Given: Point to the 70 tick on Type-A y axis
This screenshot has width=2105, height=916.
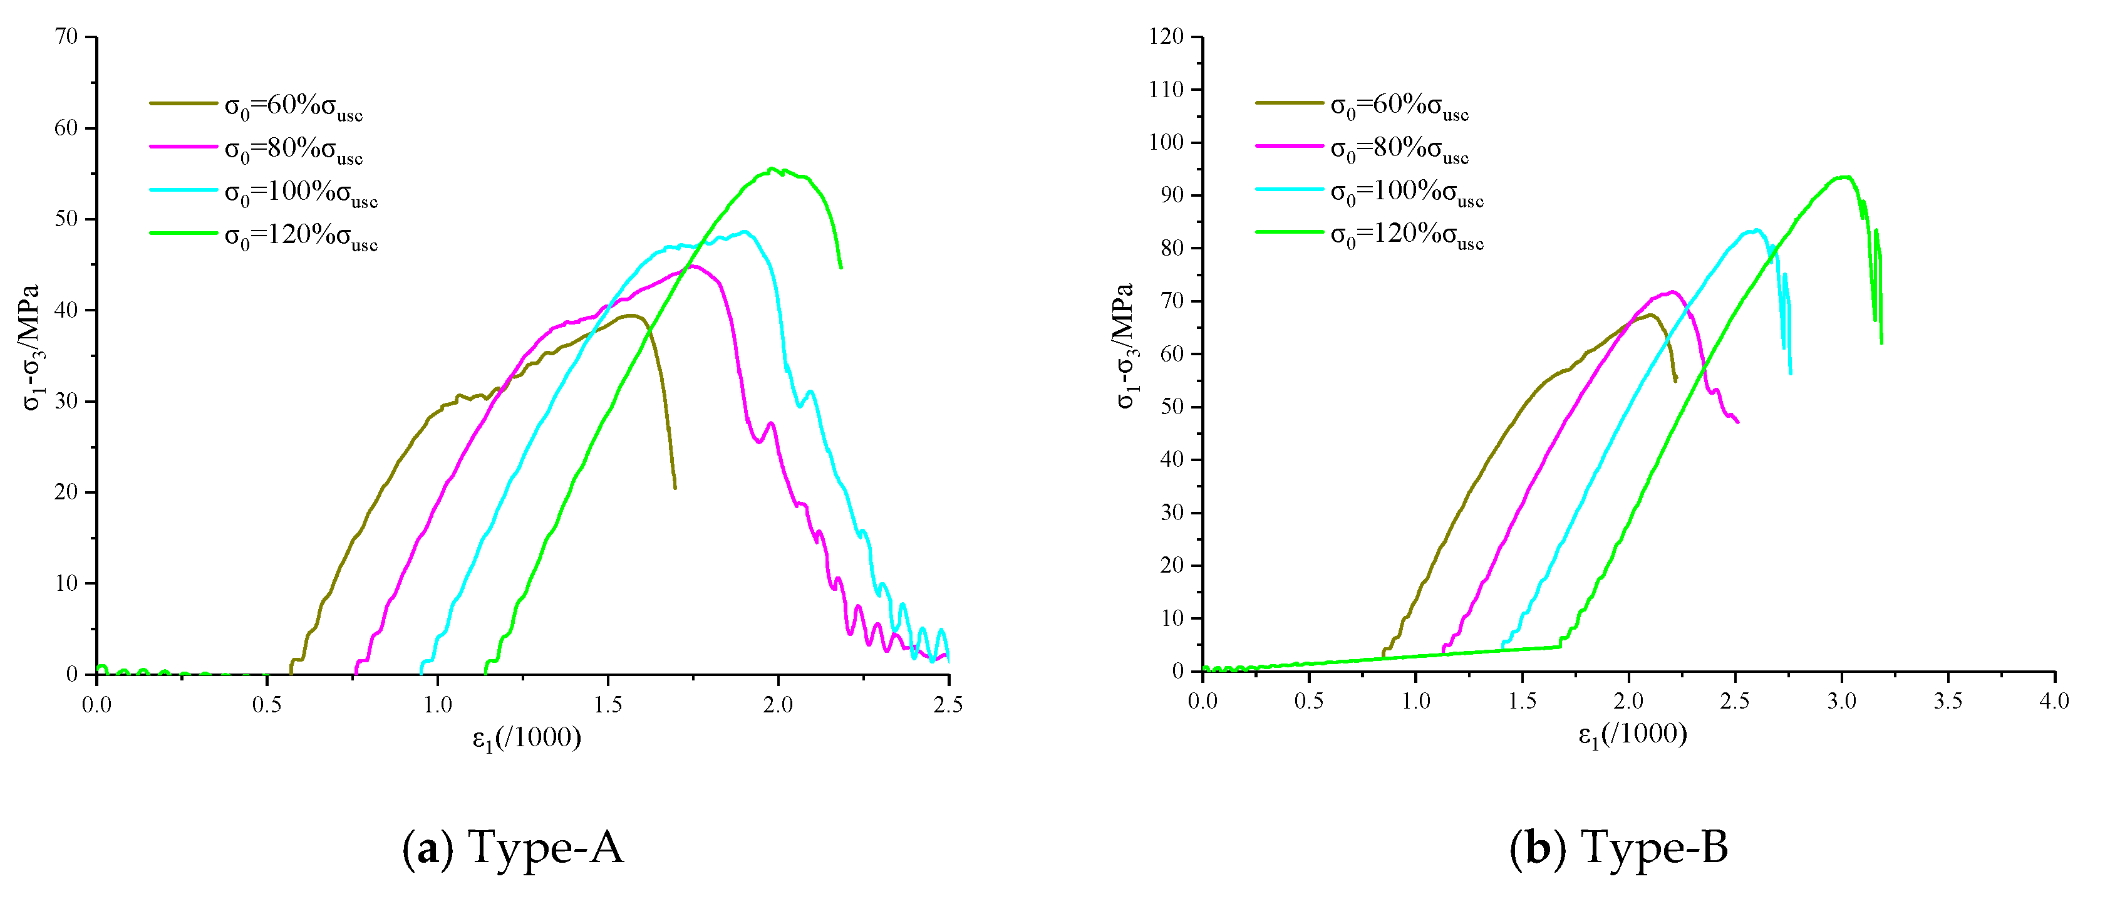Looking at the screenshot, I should [67, 37].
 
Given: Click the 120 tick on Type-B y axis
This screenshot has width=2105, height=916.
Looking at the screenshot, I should [1166, 37].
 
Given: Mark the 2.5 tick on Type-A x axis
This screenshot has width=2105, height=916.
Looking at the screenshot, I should [948, 704].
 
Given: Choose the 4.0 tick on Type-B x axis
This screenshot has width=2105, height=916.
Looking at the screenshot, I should [2054, 701].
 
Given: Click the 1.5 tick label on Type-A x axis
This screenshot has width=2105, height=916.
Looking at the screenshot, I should [607, 704].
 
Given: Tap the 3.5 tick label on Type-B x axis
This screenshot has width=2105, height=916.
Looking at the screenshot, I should [1948, 701].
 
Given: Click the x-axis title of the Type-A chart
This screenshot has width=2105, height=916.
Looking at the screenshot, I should [527, 738].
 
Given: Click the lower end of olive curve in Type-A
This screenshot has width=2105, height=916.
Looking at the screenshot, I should [675, 488].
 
